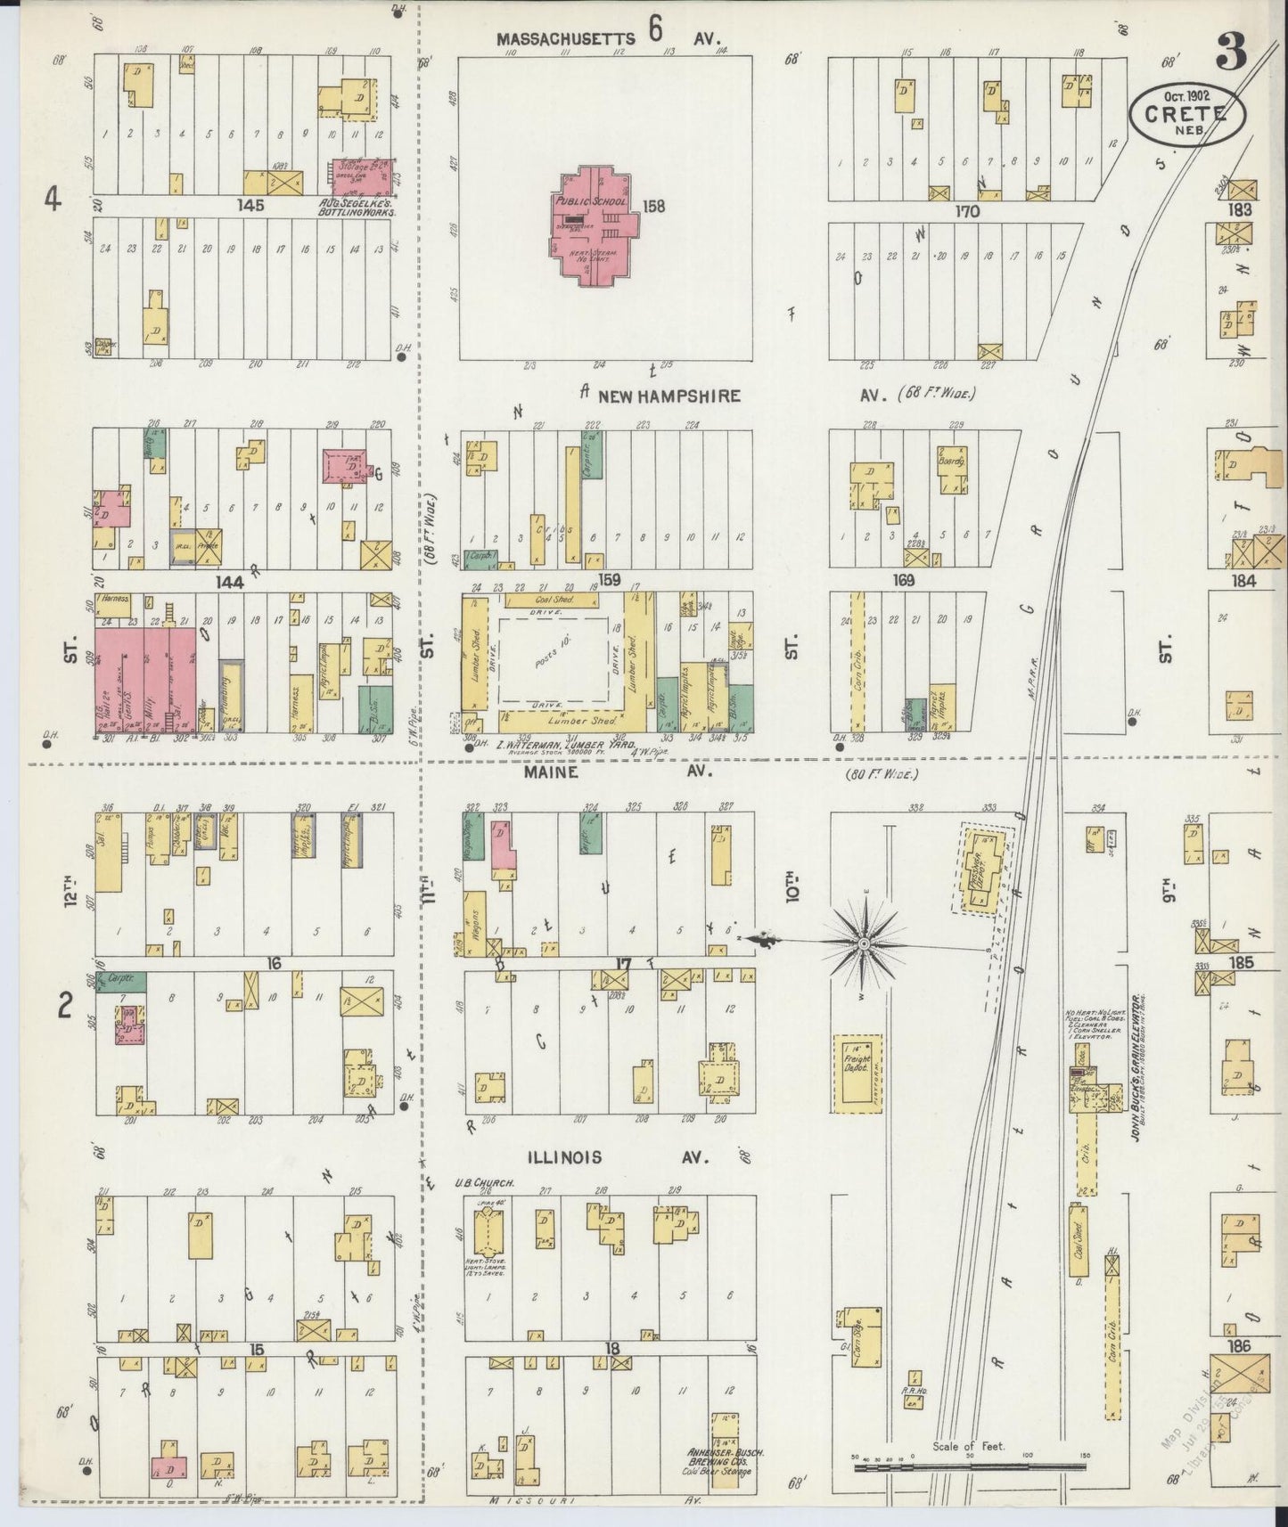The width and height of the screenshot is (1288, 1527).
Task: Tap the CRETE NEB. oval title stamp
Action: [1188, 113]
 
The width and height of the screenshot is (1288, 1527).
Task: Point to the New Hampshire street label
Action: [669, 396]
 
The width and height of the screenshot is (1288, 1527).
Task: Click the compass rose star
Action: [863, 941]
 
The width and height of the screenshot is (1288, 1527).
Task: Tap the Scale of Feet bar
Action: [967, 1463]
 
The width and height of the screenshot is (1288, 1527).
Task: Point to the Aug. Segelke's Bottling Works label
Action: [357, 208]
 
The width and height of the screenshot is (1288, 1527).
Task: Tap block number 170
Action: [966, 211]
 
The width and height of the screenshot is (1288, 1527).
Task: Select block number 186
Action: [1239, 1345]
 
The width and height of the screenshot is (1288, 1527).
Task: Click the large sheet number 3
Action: [1231, 55]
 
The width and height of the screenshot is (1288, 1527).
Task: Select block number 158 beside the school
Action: [654, 206]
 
